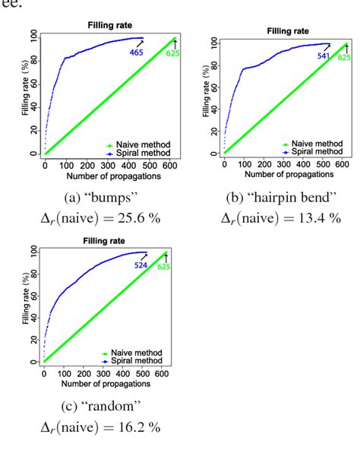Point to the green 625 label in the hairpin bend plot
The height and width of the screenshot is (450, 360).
click(344, 56)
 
